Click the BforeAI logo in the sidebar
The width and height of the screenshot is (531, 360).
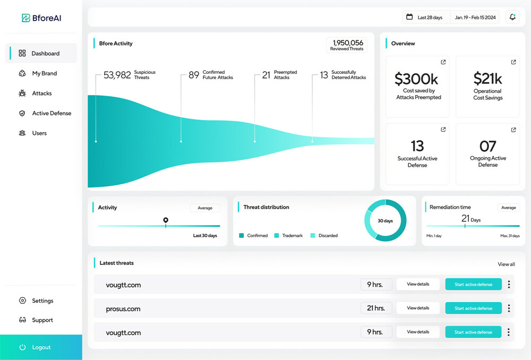[x=41, y=18]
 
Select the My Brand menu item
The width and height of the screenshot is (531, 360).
[x=44, y=73]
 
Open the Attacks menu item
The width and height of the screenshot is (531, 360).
[x=41, y=93]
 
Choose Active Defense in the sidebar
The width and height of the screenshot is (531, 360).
[x=51, y=113]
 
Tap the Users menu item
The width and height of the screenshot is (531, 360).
[x=39, y=133]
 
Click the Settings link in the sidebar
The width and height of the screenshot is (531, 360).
[x=42, y=301]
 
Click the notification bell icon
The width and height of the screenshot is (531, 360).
[x=512, y=17]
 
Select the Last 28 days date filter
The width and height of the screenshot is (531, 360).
[x=425, y=18]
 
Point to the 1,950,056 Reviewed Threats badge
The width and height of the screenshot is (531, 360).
[x=347, y=45]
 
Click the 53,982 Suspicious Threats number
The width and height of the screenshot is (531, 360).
[x=117, y=75]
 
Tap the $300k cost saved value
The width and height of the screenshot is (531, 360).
[x=416, y=79]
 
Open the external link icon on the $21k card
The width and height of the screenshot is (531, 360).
[x=513, y=62]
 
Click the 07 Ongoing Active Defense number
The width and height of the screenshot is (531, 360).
[x=487, y=146]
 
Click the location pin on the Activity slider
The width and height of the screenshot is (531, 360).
[x=166, y=220]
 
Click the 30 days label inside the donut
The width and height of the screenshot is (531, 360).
[x=385, y=220]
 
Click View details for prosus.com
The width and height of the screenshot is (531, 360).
[x=418, y=308]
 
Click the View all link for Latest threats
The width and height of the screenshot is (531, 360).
[x=506, y=264]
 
